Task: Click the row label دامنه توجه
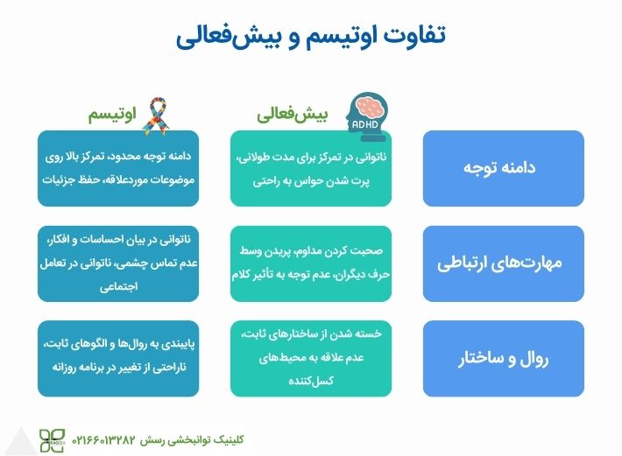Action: [x=503, y=168]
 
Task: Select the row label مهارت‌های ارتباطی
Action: [x=503, y=263]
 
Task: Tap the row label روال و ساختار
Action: [x=503, y=359]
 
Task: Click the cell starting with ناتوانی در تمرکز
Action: [x=311, y=169]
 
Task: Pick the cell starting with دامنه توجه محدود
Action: [x=118, y=169]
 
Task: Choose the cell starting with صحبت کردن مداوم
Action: [x=311, y=263]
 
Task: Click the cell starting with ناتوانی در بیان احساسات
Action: [x=118, y=263]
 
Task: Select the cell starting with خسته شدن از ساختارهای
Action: [x=311, y=358]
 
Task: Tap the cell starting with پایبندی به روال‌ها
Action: [x=118, y=358]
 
